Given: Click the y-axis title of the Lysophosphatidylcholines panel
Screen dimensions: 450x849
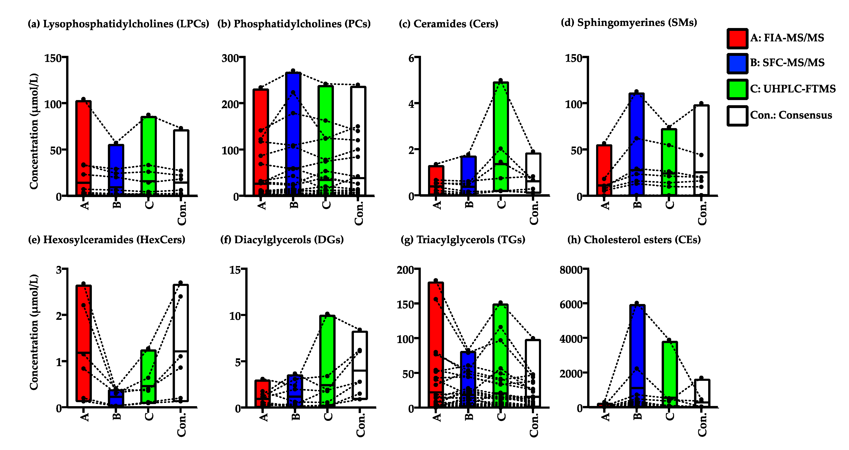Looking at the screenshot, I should pos(34,131).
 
